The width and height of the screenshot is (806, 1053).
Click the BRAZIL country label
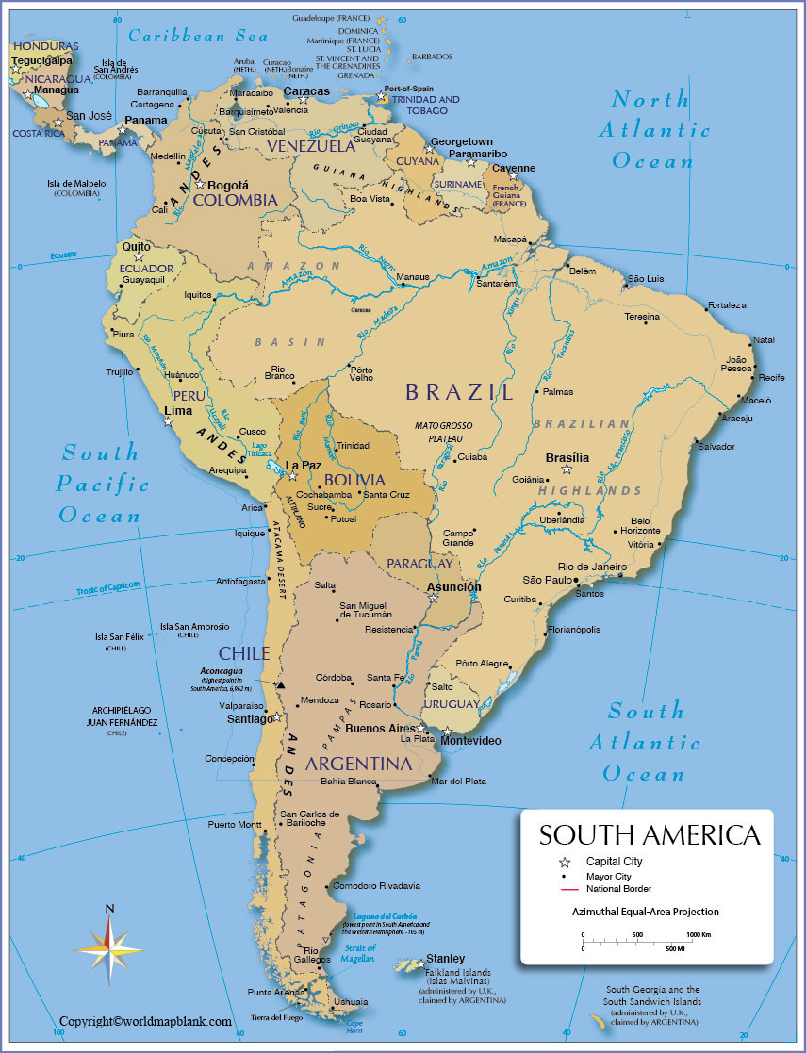pos(459,392)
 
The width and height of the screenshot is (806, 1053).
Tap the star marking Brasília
pos(567,469)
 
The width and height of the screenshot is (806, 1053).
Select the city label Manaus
pos(413,277)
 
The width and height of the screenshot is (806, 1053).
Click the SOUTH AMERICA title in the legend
pos(649,835)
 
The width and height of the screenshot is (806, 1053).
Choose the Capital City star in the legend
pos(565,862)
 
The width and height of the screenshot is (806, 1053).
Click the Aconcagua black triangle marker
pos(280,684)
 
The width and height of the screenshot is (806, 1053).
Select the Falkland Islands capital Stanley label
pos(445,959)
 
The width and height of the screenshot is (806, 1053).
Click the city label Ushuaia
pos(351,1001)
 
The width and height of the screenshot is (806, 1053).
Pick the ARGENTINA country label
pos(359,764)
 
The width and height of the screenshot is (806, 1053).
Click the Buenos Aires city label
pos(381,729)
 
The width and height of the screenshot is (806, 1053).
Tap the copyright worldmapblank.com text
pos(145,1021)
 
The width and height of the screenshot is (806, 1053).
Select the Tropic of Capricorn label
pos(108,589)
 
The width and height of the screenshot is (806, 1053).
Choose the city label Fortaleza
pos(727,305)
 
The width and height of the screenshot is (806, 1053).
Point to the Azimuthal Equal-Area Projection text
pos(645,912)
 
